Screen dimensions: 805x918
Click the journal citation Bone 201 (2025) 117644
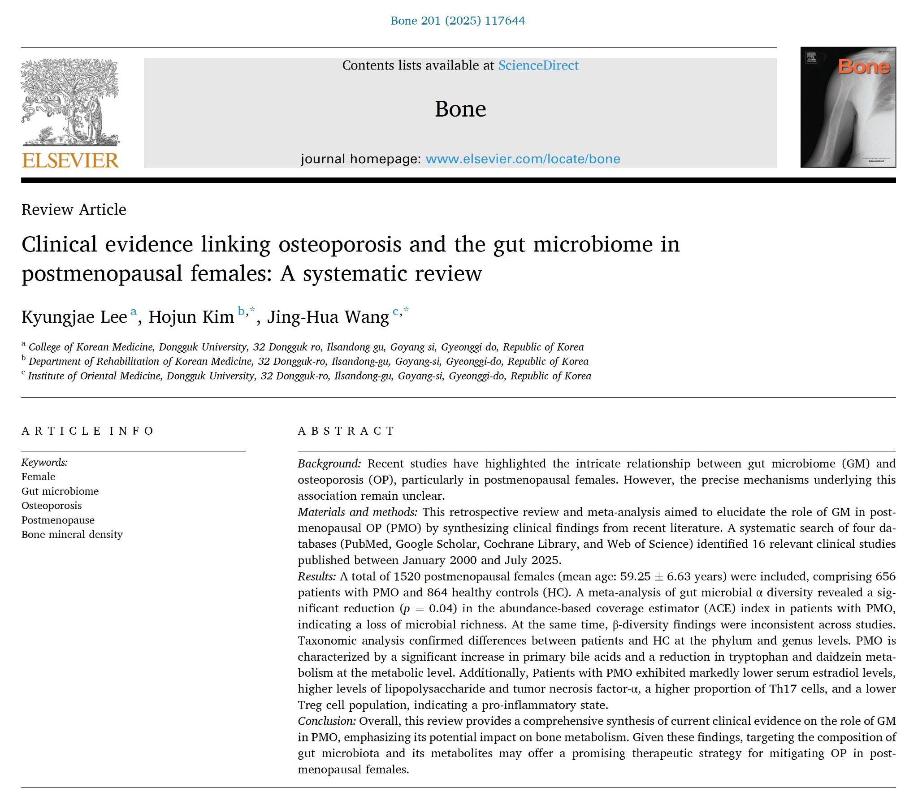coord(457,21)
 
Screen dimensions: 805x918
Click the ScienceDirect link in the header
coord(538,65)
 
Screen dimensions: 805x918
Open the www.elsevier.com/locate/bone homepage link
coord(522,159)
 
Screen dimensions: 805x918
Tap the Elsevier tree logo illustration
coord(70,103)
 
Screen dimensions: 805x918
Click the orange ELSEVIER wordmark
coord(70,160)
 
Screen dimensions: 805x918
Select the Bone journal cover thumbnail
coord(848,108)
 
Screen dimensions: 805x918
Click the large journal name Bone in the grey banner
coord(460,109)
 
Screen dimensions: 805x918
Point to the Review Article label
coord(74,210)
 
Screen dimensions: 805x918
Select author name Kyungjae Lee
coord(74,317)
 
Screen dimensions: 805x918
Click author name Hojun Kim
coord(191,317)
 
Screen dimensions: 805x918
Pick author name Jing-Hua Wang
coord(328,317)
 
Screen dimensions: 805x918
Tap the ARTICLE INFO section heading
coord(88,431)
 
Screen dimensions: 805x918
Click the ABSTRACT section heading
coord(346,431)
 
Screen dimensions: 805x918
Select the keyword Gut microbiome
coord(60,491)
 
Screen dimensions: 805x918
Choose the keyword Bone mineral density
coord(72,535)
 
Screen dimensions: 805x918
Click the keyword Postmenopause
coord(58,520)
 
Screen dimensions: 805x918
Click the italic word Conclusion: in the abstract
coord(327,722)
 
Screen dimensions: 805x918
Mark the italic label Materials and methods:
coord(358,512)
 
